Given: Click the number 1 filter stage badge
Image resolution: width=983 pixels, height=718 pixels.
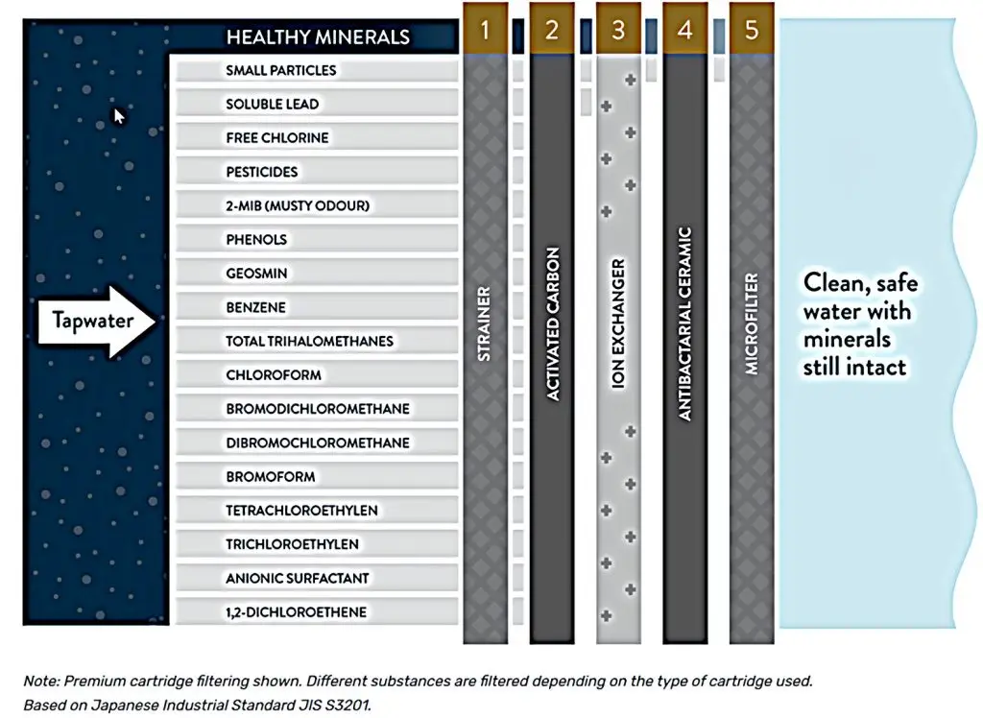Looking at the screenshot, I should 485,30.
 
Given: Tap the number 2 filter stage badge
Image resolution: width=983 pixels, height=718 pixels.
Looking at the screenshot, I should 551,30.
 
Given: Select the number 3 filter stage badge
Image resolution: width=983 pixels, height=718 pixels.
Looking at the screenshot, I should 618,30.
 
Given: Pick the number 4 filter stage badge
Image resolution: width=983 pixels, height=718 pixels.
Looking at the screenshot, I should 684,30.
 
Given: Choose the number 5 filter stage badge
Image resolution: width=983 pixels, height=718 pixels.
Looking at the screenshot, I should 752,30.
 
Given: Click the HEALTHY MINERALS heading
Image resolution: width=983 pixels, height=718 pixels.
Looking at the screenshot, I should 318,37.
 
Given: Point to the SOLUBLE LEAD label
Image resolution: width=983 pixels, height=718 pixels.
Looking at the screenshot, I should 273,104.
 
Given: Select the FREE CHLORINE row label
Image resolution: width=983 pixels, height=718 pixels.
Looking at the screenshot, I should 277,137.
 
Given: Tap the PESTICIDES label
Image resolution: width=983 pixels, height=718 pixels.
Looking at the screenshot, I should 262,172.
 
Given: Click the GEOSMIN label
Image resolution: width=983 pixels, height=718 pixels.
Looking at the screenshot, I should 256,274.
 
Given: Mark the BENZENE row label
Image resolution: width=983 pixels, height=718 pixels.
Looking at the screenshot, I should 256,307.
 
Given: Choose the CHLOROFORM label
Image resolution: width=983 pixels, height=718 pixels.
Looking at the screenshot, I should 274,374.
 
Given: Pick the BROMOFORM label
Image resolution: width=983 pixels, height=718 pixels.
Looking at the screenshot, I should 271,476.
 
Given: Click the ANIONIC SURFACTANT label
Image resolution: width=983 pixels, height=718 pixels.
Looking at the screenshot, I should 298,578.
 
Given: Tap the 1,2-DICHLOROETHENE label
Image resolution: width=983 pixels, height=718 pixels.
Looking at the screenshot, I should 297,612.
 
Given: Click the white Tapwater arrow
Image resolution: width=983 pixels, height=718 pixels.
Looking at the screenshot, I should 96,323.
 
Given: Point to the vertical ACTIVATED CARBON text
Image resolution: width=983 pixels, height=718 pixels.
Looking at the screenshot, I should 552,323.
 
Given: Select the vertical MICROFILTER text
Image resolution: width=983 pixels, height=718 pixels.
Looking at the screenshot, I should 752,323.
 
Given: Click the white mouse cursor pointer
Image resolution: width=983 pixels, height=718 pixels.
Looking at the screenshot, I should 119,116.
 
